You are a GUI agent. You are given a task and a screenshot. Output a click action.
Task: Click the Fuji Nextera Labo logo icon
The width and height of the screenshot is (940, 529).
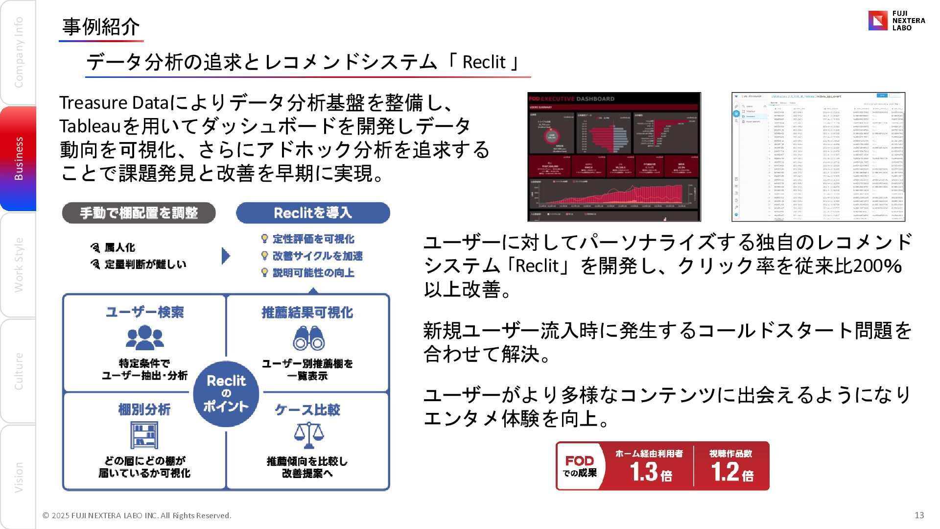(x=878, y=21)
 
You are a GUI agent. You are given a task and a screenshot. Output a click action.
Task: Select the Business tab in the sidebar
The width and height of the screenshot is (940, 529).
(x=18, y=158)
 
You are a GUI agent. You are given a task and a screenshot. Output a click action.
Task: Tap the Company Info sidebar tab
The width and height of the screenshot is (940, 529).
(x=18, y=52)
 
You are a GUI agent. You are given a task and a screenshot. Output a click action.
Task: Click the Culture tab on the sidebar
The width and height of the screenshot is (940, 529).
(x=18, y=371)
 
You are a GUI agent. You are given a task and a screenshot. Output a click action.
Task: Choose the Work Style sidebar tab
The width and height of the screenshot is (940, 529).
(x=18, y=264)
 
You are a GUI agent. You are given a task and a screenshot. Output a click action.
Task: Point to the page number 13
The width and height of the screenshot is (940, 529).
(x=919, y=515)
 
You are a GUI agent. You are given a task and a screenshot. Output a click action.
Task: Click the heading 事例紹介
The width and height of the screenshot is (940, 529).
(x=101, y=27)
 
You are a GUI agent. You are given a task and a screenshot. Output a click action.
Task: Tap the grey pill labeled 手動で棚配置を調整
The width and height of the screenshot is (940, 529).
(x=139, y=213)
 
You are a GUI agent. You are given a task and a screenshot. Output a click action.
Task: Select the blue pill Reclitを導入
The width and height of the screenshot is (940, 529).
(x=313, y=213)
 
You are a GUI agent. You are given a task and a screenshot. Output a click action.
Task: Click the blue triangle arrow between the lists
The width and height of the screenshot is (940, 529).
(x=225, y=256)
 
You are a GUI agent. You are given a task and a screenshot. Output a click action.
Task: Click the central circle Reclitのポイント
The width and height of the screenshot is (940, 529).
(x=226, y=393)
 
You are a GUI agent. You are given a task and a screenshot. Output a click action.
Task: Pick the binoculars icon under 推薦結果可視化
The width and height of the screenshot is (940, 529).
(x=308, y=338)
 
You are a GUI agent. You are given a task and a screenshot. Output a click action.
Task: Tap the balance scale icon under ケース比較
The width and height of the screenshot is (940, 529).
(x=308, y=435)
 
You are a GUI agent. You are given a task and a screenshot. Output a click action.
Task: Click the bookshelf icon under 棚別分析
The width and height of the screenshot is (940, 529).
(x=144, y=435)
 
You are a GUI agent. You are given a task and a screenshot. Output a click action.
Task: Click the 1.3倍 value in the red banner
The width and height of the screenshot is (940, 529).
(x=650, y=472)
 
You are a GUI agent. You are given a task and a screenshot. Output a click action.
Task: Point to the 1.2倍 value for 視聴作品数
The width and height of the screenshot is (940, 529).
(x=731, y=472)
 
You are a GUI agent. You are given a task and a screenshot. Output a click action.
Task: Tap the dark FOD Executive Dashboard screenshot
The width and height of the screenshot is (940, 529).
(x=614, y=157)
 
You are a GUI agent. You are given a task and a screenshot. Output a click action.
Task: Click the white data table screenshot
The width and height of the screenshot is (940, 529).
(x=818, y=157)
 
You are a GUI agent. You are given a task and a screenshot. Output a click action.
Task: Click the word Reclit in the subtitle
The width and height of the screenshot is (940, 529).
(x=483, y=62)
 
